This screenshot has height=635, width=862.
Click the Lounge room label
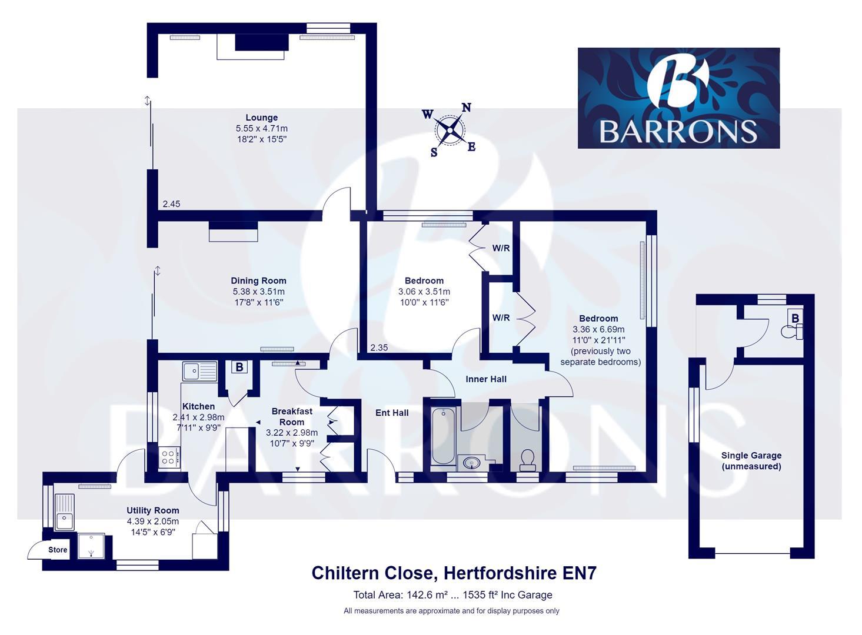pyautogui.click(x=261, y=118)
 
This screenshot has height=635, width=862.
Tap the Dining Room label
pyautogui.click(x=258, y=281)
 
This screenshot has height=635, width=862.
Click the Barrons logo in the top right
pyautogui.click(x=678, y=98)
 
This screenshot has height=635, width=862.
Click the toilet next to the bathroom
pyautogui.click(x=528, y=459)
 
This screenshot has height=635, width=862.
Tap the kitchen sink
pyautogui.click(x=199, y=371)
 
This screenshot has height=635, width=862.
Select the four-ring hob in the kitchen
pyautogui.click(x=169, y=457)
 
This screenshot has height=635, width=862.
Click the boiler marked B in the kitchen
pyautogui.click(x=239, y=367)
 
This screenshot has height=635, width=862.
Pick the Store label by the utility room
pyautogui.click(x=58, y=550)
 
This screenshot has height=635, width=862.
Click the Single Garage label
pyautogui.click(x=751, y=461)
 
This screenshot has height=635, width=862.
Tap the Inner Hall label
pyautogui.click(x=486, y=379)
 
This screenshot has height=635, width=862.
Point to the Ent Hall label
pyautogui.click(x=392, y=413)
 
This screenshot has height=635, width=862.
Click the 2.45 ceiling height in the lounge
pyautogui.click(x=171, y=204)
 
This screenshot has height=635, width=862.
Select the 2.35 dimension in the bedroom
pyautogui.click(x=379, y=347)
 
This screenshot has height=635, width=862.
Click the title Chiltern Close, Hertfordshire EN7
pyautogui.click(x=454, y=573)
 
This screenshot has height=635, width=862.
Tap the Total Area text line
pyautogui.click(x=452, y=594)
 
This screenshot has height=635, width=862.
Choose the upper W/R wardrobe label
pyautogui.click(x=501, y=248)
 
